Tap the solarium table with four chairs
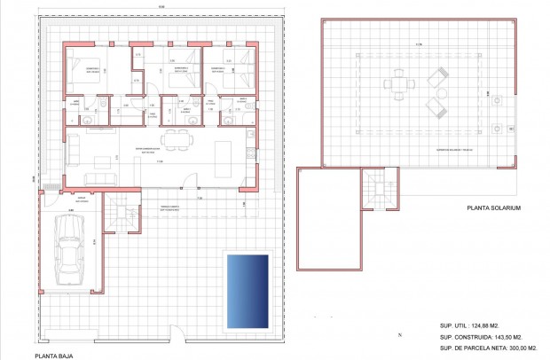point(398,86)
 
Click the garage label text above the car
point(81,198)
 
